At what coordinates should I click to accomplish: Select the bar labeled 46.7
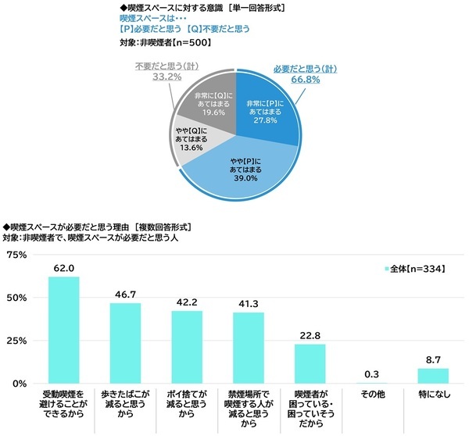click(125, 343)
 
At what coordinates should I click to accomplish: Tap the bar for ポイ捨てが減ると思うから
click(187, 347)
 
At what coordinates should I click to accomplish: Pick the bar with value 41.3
click(249, 348)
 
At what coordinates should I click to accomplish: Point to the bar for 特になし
click(433, 376)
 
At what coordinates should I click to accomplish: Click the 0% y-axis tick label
click(19, 384)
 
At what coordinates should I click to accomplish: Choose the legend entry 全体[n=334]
click(414, 269)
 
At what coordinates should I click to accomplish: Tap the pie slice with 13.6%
click(192, 144)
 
